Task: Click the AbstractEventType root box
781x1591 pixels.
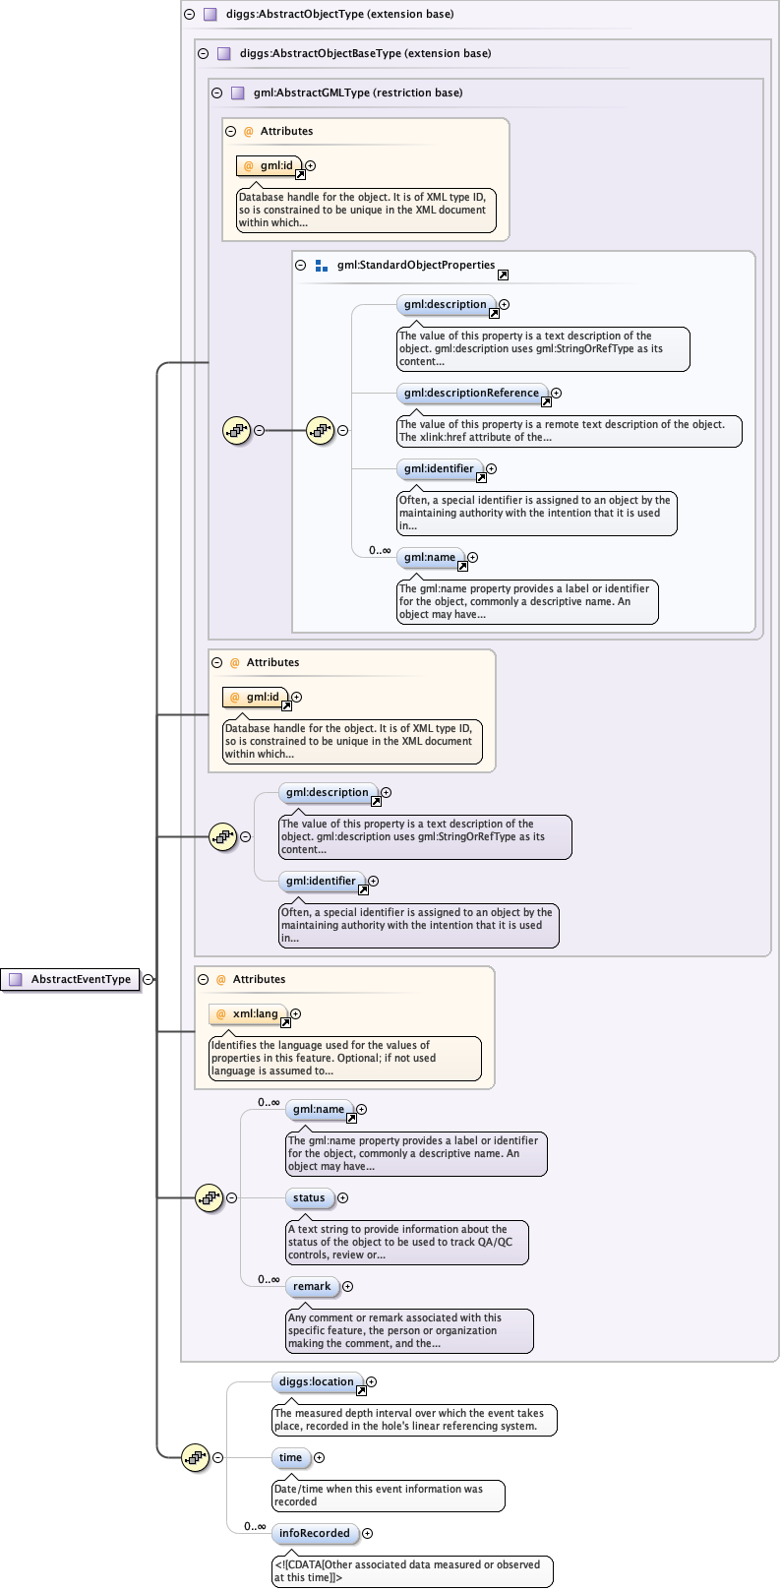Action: [71, 979]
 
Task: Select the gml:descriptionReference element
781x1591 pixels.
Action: [471, 394]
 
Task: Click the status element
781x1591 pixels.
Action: [309, 1198]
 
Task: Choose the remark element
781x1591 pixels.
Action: [312, 1287]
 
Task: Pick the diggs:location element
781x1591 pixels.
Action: [317, 1382]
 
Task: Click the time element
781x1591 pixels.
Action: [290, 1458]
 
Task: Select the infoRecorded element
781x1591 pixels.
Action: [314, 1534]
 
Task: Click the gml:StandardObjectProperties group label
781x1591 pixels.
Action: [415, 266]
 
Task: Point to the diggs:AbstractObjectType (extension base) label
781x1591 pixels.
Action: [339, 15]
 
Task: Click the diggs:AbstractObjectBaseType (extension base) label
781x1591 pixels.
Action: [365, 54]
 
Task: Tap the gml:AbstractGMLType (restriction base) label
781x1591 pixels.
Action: [357, 93]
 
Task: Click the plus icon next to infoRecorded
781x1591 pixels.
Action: [367, 1534]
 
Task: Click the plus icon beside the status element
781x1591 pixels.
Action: [342, 1198]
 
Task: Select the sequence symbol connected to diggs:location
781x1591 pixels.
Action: [196, 1457]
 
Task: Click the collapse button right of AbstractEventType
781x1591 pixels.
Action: [148, 979]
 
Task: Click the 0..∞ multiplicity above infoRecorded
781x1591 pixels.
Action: [255, 1526]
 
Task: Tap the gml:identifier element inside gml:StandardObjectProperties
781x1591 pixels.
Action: [439, 469]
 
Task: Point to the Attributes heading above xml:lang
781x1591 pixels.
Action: [259, 980]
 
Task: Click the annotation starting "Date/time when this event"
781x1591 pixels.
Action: [388, 1496]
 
